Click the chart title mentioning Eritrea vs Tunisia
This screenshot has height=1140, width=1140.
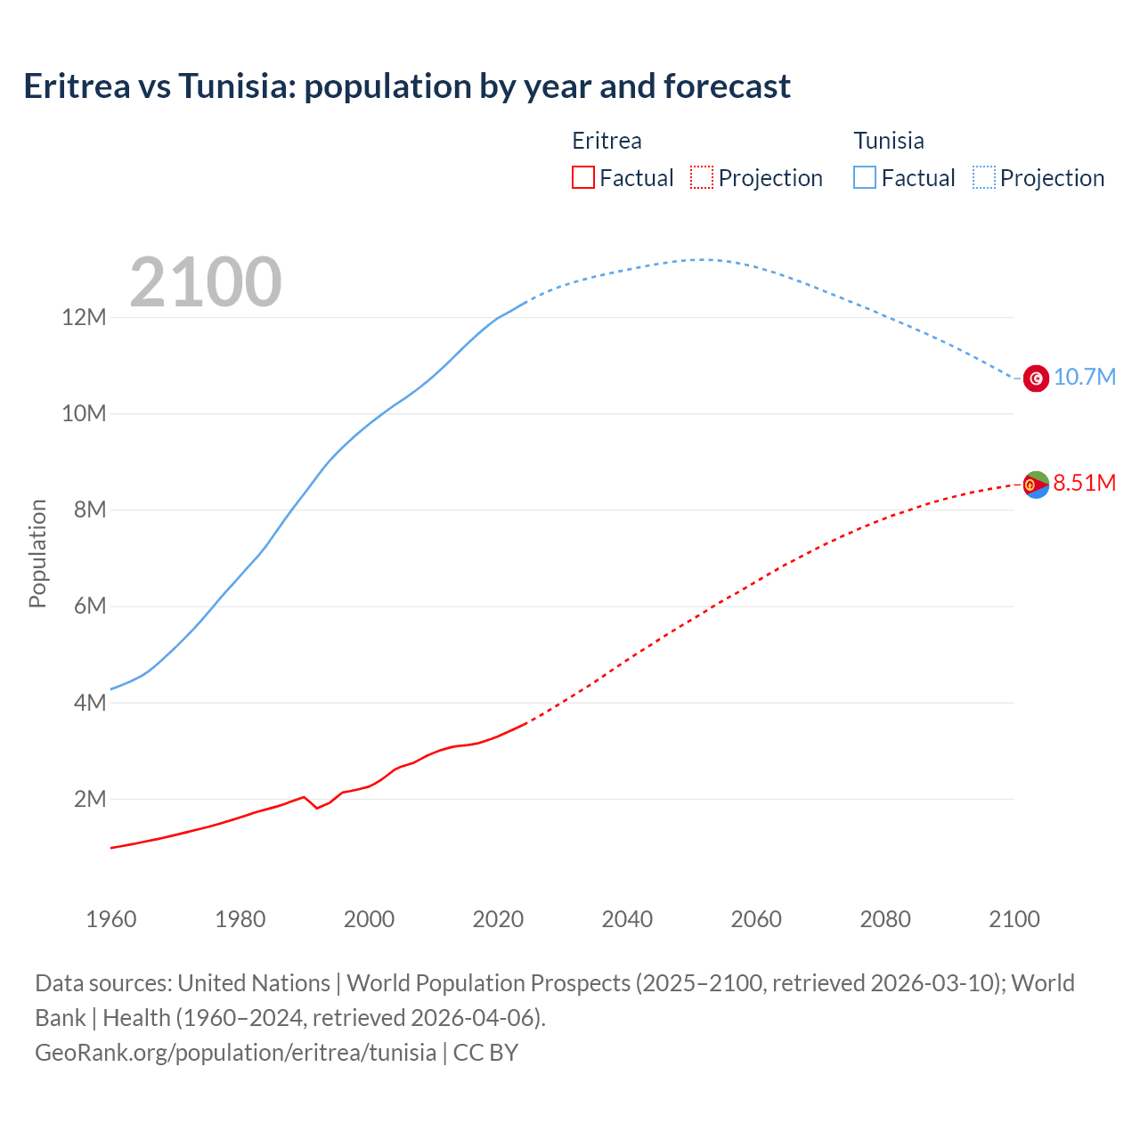[406, 86]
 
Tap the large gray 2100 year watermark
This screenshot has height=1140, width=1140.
[206, 282]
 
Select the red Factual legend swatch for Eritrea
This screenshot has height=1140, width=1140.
[582, 177]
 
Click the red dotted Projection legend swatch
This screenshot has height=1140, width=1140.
[702, 177]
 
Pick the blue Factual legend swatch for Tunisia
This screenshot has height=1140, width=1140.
[864, 177]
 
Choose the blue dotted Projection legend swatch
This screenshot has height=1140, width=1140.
[983, 177]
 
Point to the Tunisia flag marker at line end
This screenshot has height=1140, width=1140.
[1036, 379]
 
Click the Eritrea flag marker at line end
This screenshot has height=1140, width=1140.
[1036, 484]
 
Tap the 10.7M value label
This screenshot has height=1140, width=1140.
[1084, 377]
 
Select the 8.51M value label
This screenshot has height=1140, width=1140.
[1084, 483]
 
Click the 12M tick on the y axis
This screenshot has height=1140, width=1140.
[84, 317]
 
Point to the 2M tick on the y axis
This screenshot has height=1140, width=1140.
[90, 799]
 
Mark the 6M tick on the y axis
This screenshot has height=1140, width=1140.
[90, 607]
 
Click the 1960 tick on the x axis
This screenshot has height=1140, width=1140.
[111, 919]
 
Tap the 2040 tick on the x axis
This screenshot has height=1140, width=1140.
[627, 919]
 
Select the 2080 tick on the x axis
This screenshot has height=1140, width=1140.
[885, 919]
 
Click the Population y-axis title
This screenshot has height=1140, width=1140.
[37, 553]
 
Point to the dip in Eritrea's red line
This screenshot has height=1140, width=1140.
[317, 807]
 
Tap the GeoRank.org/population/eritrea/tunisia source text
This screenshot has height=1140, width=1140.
[236, 1052]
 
